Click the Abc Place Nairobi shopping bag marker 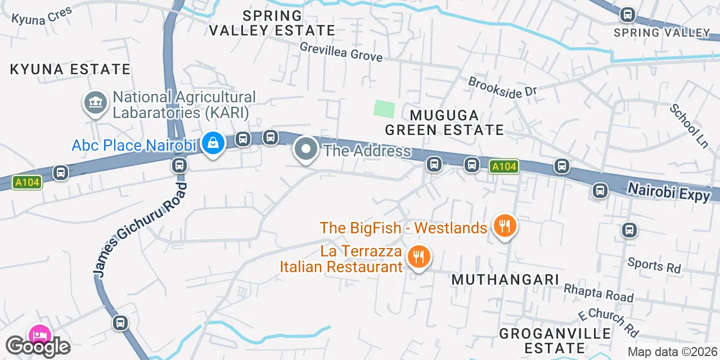point(214,143)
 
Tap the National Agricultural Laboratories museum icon point(96,103)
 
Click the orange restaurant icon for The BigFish point(505,226)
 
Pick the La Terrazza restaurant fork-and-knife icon point(418,257)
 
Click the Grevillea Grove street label point(341,52)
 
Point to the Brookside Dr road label point(503,88)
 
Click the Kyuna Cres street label point(42,16)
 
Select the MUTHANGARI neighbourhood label point(505,280)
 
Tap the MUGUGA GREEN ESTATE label point(444,123)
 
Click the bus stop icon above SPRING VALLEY point(627,15)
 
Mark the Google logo point(38,347)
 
